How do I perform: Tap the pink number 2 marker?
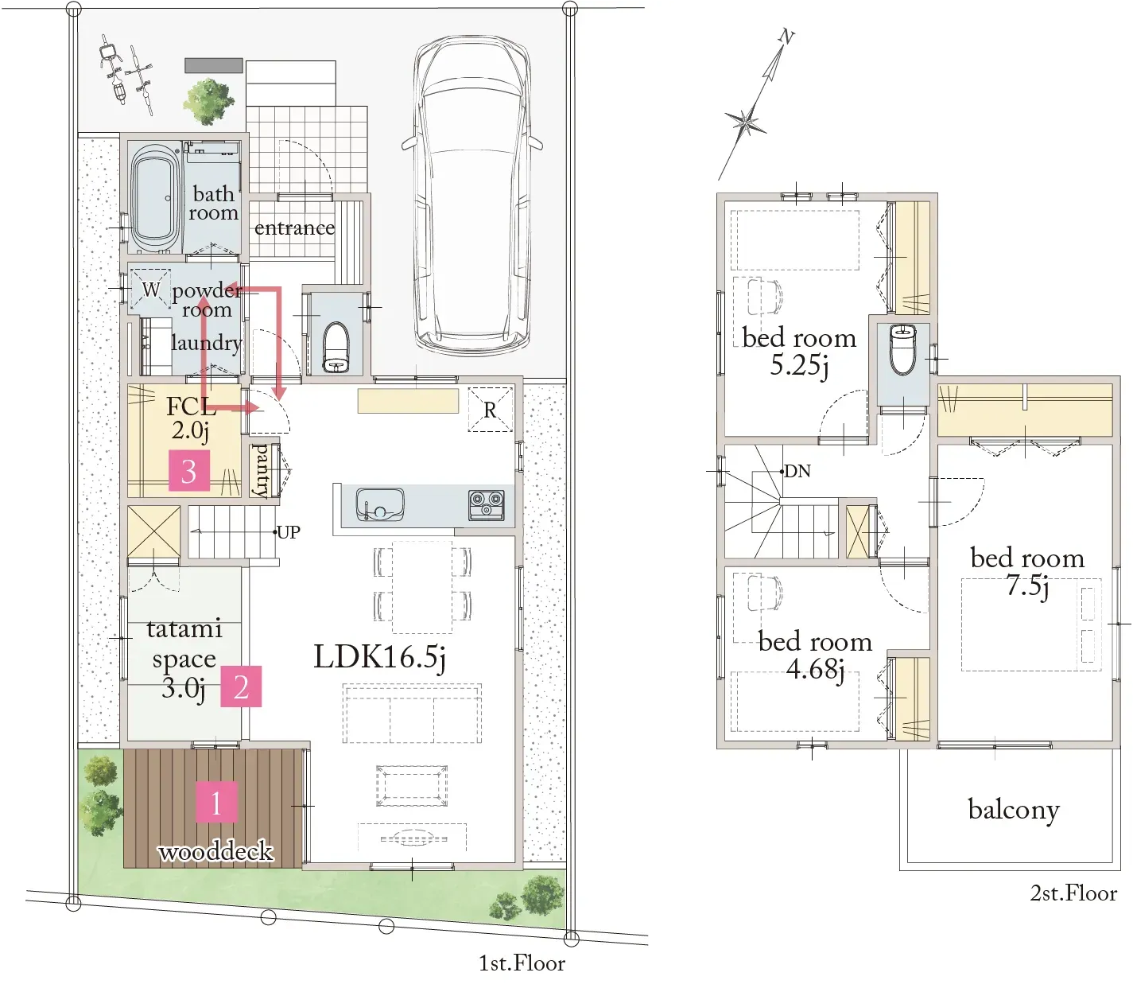click(241, 687)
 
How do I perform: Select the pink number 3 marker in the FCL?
click(189, 470)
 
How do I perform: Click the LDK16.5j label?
click(380, 658)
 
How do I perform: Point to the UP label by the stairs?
click(289, 532)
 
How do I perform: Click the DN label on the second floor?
click(797, 471)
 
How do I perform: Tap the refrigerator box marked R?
click(490, 410)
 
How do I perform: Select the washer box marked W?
click(150, 289)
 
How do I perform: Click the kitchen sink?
click(380, 504)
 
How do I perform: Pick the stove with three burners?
click(487, 505)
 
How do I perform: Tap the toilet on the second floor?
click(902, 350)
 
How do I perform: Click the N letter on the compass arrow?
click(786, 37)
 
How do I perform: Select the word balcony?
click(1014, 810)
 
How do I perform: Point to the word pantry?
click(260, 470)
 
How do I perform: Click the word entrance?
click(295, 228)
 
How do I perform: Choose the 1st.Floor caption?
click(522, 963)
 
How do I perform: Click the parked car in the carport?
click(471, 195)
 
